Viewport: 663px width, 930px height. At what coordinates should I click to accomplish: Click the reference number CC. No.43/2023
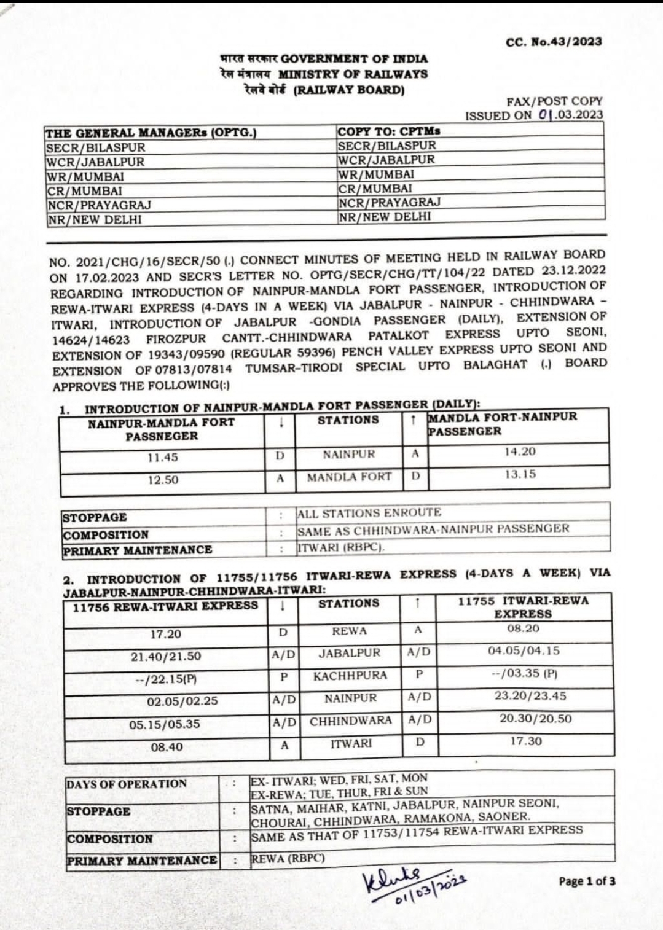point(554,42)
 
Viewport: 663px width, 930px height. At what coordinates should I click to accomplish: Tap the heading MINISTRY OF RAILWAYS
point(353,74)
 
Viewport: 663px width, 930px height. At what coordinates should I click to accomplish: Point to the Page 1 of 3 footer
point(587,881)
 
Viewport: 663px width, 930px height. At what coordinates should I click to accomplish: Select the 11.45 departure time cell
point(163,458)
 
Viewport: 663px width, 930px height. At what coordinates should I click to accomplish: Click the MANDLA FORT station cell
point(349,477)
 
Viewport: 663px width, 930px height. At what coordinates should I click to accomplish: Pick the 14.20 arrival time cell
point(520,451)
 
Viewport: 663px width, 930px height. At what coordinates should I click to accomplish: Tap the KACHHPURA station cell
point(350,676)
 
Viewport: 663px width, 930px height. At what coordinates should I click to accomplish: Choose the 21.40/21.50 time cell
point(166,656)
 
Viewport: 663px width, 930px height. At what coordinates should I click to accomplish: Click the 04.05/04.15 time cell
point(524,651)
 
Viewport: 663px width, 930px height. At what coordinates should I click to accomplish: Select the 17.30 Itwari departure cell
point(526,741)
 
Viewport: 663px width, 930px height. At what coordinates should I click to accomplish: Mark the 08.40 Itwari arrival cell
point(167,748)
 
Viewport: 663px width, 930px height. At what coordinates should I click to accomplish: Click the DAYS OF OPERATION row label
point(127,784)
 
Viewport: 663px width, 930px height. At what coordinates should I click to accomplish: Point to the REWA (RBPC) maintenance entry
point(288,858)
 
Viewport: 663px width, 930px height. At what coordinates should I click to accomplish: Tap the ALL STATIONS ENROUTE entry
point(369,513)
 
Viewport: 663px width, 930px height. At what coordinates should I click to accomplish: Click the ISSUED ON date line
point(533,115)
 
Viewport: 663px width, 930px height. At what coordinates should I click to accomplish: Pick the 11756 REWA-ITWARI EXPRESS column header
point(165,606)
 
